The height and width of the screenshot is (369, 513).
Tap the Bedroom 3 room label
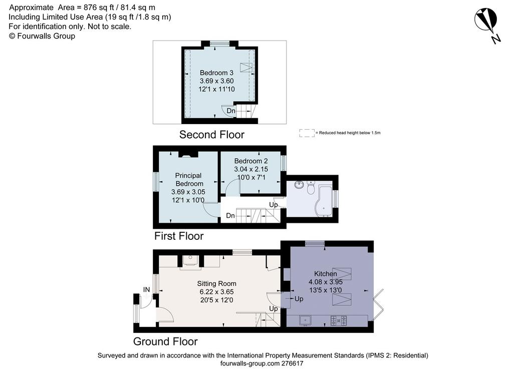click(x=216, y=73)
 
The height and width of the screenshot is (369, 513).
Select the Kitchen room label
click(x=325, y=273)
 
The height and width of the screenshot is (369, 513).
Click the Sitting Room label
click(x=216, y=284)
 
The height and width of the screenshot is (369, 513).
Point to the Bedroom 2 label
click(x=251, y=161)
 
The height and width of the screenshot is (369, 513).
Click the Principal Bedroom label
click(x=188, y=179)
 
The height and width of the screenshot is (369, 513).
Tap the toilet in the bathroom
click(x=311, y=188)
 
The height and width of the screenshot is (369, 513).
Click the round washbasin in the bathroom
click(x=299, y=185)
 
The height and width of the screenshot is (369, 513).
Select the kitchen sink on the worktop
click(x=305, y=320)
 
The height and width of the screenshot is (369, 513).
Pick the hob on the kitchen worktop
click(x=339, y=320)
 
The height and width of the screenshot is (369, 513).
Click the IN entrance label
click(x=146, y=289)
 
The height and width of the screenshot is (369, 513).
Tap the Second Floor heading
click(x=212, y=134)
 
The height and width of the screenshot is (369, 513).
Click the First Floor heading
click(x=179, y=236)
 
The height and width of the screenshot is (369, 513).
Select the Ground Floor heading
click(x=165, y=341)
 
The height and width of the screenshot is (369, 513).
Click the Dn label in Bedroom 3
click(x=231, y=111)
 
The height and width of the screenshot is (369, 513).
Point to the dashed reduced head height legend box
click(x=307, y=133)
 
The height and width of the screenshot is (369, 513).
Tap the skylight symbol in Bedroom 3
click(x=246, y=68)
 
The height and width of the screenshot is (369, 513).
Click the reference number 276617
click(x=292, y=363)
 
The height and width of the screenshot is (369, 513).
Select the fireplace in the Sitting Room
click(x=190, y=261)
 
